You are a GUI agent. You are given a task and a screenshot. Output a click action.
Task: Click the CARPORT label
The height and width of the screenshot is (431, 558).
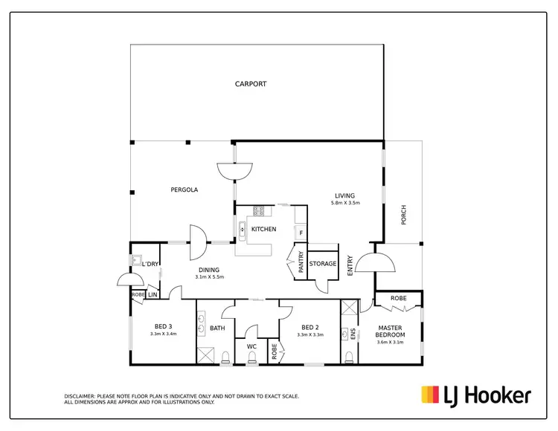click(x=251, y=84)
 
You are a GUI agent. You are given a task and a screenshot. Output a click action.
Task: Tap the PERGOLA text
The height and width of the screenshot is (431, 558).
click(x=185, y=190)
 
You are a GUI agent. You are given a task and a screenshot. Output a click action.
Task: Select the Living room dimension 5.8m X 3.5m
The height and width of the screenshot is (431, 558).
click(x=345, y=203)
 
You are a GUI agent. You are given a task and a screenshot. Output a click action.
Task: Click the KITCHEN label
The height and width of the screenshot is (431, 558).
click(x=264, y=230)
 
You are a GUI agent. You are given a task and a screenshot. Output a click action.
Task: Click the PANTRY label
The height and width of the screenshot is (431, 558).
click(x=301, y=264)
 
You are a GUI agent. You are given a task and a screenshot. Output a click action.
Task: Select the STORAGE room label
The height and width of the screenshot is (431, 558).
click(x=323, y=264)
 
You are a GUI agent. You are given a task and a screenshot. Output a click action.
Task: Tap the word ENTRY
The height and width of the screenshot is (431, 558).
click(x=350, y=265)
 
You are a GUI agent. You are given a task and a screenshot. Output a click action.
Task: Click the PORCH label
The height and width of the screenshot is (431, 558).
click(x=404, y=215)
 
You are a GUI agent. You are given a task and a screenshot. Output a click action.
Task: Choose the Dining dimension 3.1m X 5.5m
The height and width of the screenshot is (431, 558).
click(x=209, y=277)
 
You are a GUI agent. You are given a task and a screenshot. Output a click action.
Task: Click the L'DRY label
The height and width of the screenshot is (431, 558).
click(x=150, y=265)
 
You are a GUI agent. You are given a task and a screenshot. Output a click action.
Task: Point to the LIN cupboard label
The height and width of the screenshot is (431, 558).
click(x=153, y=295)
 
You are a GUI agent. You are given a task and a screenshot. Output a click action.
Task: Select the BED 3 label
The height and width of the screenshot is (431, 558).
click(x=164, y=327)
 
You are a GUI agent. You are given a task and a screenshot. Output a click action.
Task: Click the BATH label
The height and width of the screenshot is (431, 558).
click(x=217, y=328)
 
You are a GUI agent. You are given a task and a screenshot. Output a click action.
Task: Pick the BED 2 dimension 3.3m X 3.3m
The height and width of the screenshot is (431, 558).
click(x=310, y=334)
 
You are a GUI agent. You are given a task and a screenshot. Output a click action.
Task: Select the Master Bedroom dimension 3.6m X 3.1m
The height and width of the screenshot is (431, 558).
click(x=390, y=342)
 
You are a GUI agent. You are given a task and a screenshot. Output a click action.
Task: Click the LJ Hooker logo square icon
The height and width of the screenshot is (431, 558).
click(x=430, y=395)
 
